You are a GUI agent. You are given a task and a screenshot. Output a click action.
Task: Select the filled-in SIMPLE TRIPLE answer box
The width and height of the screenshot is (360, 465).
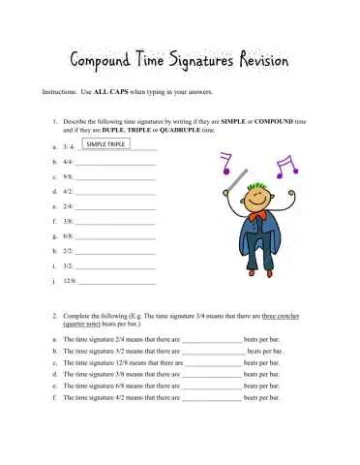click(x=105, y=144)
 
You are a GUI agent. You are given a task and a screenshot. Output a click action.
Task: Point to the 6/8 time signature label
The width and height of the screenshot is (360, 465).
click(x=68, y=236)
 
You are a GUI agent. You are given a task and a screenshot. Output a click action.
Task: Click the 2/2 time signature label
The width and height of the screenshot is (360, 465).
click(x=68, y=251)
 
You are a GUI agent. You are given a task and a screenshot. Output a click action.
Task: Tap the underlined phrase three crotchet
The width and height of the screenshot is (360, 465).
click(x=285, y=316)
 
